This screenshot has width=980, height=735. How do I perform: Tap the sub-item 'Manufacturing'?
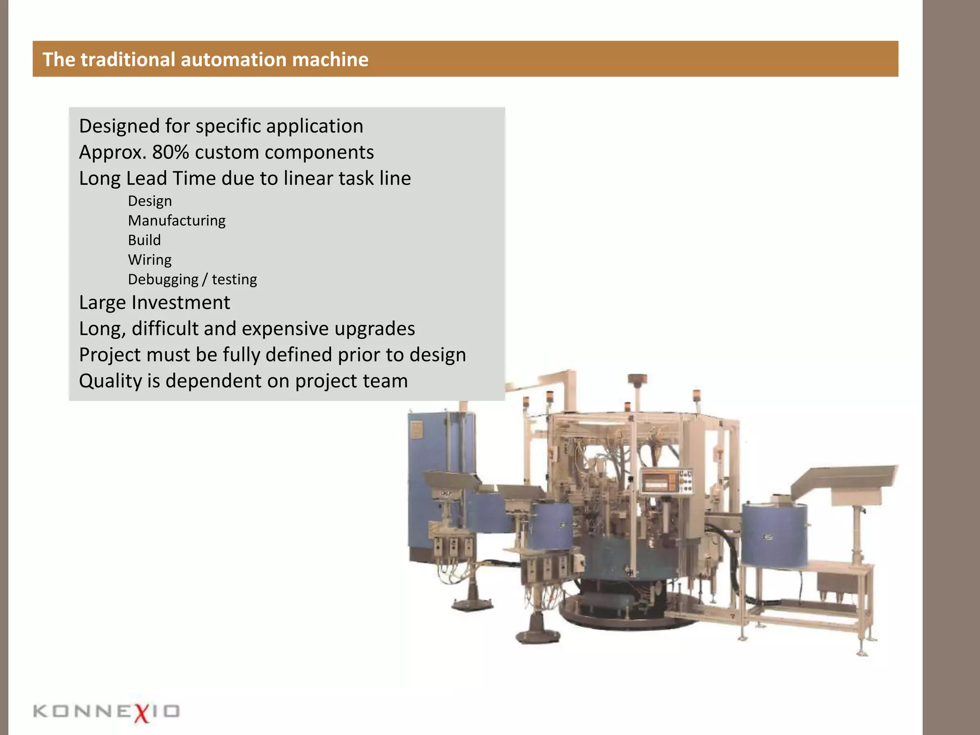[177, 221]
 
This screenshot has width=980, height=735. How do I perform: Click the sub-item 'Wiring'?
[149, 260]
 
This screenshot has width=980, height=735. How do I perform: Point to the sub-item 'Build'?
[144, 240]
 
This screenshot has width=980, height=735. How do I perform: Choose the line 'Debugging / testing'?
[192, 279]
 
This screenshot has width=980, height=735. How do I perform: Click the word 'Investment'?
[180, 302]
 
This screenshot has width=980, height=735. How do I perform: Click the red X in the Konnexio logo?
[142, 712]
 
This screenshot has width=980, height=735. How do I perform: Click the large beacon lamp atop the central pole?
[637, 379]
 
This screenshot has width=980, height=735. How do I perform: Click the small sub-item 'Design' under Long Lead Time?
[150, 201]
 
